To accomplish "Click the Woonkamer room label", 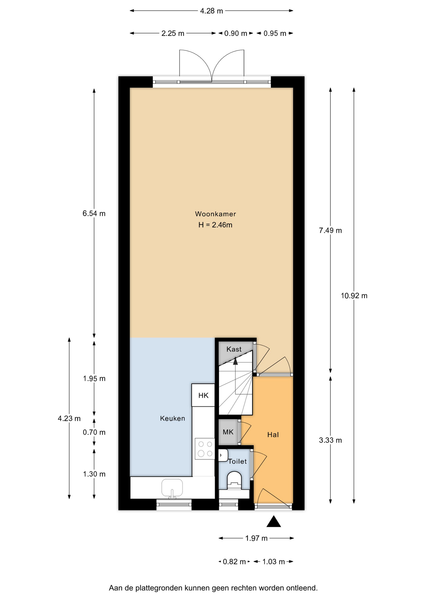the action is (x=215, y=214).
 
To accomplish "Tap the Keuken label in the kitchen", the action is (x=172, y=418).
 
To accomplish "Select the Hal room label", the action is (x=273, y=435).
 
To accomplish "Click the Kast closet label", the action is (x=234, y=349).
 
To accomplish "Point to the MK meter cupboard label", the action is (x=228, y=432).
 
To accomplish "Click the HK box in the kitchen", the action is (x=203, y=395).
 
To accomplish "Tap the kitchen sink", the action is (x=172, y=488).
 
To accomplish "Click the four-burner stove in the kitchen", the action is (x=205, y=449).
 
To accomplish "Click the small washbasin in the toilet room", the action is (x=223, y=455).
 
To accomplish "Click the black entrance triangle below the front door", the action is (x=274, y=521).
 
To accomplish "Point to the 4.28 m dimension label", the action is (x=212, y=11).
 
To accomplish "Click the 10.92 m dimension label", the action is (x=354, y=296).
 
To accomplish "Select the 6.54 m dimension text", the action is (x=94, y=213).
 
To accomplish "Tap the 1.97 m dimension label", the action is (x=256, y=538).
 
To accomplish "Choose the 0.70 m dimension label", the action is (x=94, y=432).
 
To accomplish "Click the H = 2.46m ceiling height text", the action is (x=215, y=225).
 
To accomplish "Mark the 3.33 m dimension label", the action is (x=330, y=440).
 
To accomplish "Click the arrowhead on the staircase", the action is (x=235, y=361).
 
